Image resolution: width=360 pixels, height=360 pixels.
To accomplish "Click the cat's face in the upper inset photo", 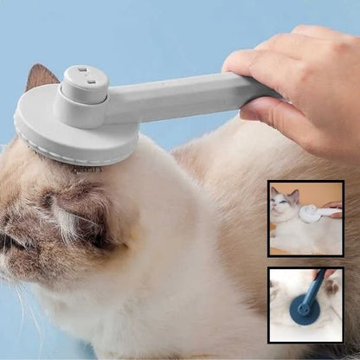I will point(282,203).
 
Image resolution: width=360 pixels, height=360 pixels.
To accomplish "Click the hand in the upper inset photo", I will point(332,208).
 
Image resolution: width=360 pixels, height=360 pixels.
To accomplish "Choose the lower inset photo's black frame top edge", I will point(305,268).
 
